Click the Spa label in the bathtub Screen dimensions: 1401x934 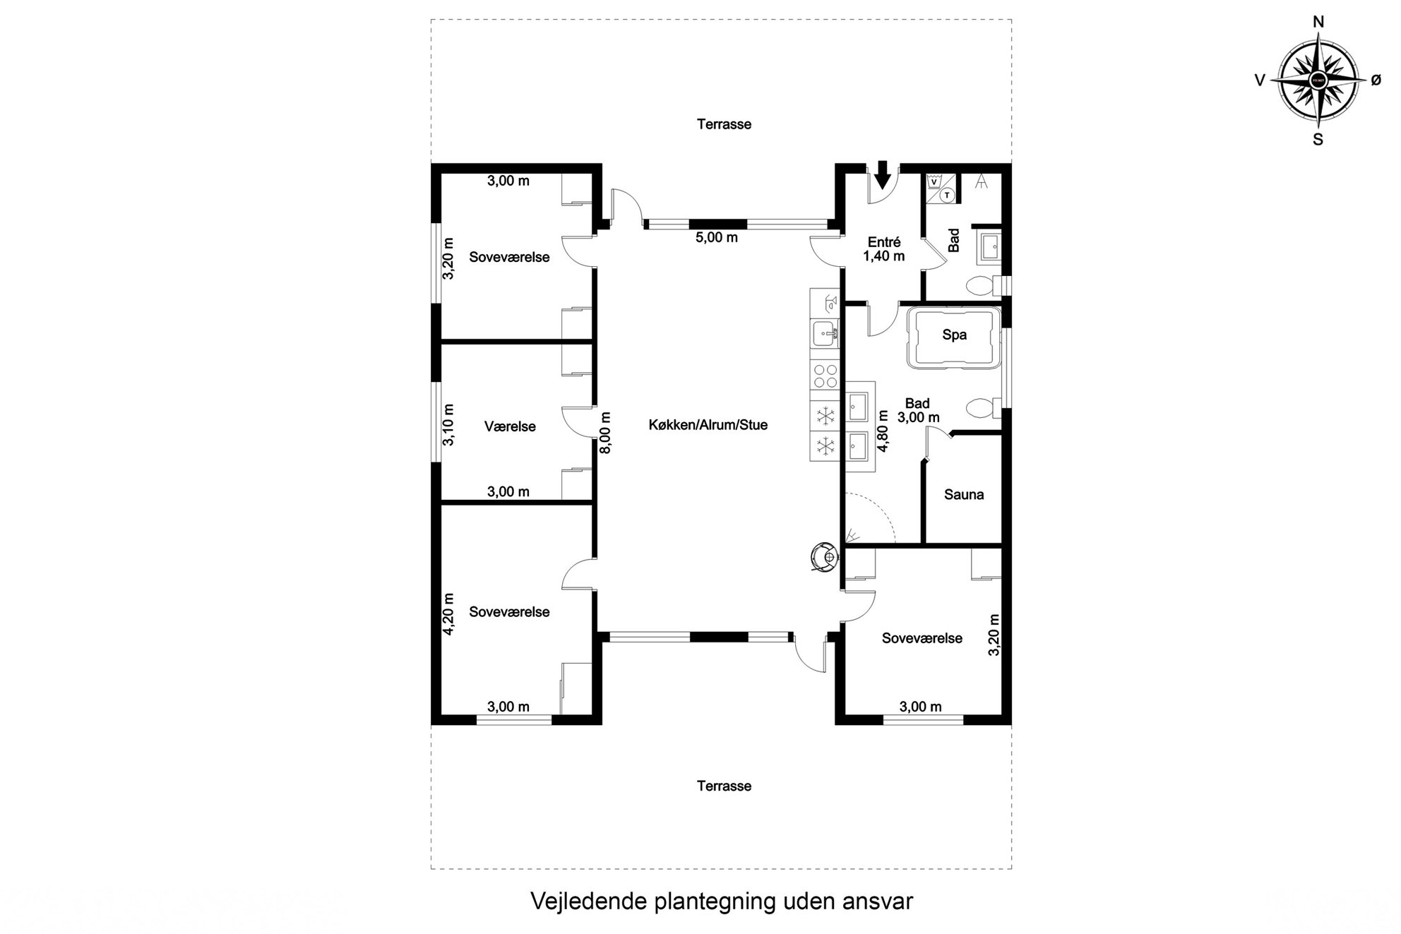954,335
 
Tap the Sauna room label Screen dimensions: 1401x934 964,495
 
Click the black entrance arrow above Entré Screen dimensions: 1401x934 882,175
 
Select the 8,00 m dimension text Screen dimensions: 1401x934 605,433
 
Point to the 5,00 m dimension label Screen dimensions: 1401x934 717,238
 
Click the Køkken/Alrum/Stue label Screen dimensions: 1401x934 708,425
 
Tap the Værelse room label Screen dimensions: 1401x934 510,426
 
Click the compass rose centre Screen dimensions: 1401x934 1318,80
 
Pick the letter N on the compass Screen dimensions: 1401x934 1318,23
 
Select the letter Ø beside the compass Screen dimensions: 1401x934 1376,80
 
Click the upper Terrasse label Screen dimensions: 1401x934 724,124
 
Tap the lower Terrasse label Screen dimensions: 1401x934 724,786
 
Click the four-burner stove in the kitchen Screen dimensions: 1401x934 825,376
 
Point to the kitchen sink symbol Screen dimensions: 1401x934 824,333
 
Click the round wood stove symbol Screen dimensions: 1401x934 823,556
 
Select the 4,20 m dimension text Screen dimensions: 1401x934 448,614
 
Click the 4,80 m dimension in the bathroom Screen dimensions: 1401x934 883,430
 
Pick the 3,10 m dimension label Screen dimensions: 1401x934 448,424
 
